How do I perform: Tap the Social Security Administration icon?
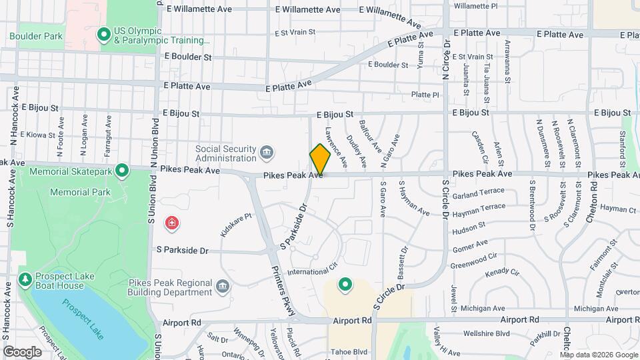(x=267, y=153)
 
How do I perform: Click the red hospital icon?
(x=172, y=222)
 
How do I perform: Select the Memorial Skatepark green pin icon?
(x=122, y=171)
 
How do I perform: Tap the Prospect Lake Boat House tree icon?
(x=25, y=279)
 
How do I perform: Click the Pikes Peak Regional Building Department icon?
(x=223, y=287)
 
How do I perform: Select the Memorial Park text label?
(x=80, y=192)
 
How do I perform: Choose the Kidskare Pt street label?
(x=235, y=225)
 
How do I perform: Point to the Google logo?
(x=22, y=351)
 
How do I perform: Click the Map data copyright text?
(x=598, y=354)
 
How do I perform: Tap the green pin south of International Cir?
(x=345, y=285)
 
